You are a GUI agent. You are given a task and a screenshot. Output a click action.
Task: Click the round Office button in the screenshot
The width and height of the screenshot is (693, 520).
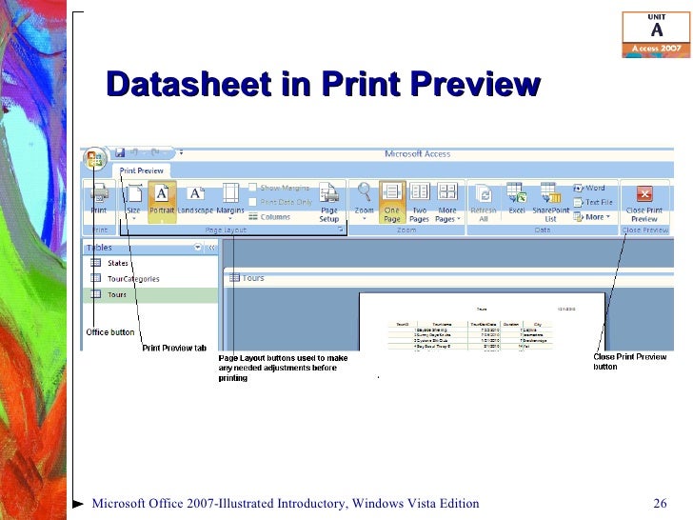coord(94,158)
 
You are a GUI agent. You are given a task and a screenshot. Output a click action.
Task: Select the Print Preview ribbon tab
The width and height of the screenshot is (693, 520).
coord(141,171)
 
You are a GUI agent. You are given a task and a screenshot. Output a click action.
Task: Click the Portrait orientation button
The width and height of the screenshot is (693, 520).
coord(162,200)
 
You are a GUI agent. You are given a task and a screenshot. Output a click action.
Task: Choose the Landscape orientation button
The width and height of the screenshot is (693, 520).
coord(195,200)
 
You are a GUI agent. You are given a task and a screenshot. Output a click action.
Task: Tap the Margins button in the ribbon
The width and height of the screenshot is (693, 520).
coord(230,200)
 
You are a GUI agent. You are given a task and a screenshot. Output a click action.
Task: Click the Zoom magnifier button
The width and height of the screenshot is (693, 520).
coord(364,200)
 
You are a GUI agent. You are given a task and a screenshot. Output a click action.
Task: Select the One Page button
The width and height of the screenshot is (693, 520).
coord(392,200)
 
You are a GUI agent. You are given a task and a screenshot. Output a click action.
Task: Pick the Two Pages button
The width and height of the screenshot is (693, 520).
coord(419,200)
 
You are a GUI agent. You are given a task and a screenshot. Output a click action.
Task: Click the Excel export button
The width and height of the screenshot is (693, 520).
coord(517,200)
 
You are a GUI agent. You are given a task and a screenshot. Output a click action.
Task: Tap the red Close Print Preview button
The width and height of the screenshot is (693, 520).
coord(644,200)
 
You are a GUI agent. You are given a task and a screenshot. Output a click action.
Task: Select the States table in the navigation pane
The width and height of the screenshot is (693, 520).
coord(118,263)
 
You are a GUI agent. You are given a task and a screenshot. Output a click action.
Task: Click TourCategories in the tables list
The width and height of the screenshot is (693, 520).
coord(133,279)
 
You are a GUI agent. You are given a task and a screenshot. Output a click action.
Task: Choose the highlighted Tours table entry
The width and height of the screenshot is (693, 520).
coord(117,295)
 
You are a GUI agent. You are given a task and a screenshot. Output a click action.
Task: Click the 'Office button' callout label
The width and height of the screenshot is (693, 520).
coord(110,331)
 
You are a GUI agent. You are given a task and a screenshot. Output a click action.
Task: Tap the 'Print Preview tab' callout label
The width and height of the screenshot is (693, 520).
coord(174,348)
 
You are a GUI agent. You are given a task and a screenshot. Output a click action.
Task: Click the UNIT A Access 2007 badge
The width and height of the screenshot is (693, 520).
coord(656,34)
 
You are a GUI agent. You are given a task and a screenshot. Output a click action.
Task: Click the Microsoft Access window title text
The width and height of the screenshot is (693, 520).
coord(417,154)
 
